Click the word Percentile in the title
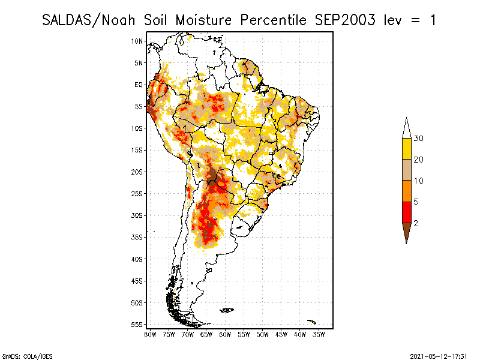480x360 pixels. (273, 20)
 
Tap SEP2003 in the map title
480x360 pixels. (345, 20)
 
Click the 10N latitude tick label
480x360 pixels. (137, 41)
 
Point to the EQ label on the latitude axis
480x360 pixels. (139, 85)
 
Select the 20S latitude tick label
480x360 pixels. (137, 172)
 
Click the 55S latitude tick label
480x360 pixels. (137, 325)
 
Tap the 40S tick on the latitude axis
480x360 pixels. (137, 259)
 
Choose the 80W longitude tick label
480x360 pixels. (150, 335)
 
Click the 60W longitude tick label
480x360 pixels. (225, 335)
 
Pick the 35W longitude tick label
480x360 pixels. (319, 335)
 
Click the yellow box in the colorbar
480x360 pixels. (407, 149)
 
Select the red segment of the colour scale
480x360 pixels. (407, 212)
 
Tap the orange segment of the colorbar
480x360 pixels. (407, 191)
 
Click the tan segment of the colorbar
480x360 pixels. (407, 170)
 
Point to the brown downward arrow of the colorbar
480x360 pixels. (407, 231)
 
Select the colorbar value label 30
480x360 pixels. (418, 139)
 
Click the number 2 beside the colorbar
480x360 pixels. (416, 223)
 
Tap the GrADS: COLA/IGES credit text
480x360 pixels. (28, 356)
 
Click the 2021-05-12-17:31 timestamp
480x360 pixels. (439, 356)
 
